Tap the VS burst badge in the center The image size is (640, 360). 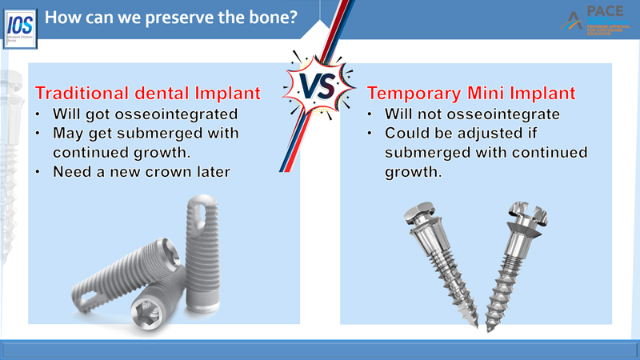click(x=319, y=85)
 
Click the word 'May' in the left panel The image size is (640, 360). click(x=67, y=132)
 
